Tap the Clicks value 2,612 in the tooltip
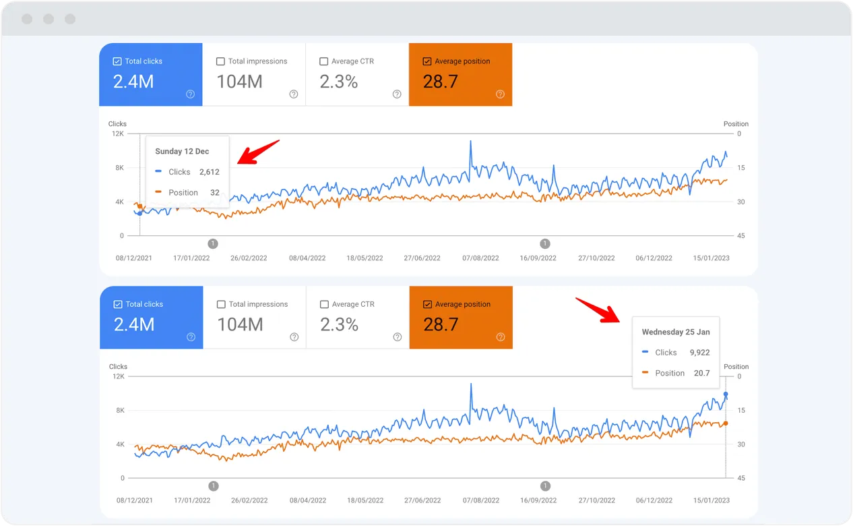point(209,172)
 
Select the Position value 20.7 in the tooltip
point(701,373)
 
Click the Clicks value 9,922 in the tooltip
point(699,353)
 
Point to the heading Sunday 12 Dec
point(182,152)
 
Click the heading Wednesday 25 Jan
point(675,332)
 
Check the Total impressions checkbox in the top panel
point(220,61)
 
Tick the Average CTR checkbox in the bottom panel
point(324,305)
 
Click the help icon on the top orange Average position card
point(500,94)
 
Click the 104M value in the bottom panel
point(240,324)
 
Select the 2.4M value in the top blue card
point(133,82)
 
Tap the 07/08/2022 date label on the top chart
point(480,258)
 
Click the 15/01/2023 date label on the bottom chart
point(712,501)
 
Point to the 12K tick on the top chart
point(117,134)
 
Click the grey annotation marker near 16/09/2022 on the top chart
point(545,243)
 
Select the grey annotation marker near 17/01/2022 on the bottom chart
point(214,486)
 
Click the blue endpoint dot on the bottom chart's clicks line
point(726,394)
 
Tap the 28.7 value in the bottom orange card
point(441,324)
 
